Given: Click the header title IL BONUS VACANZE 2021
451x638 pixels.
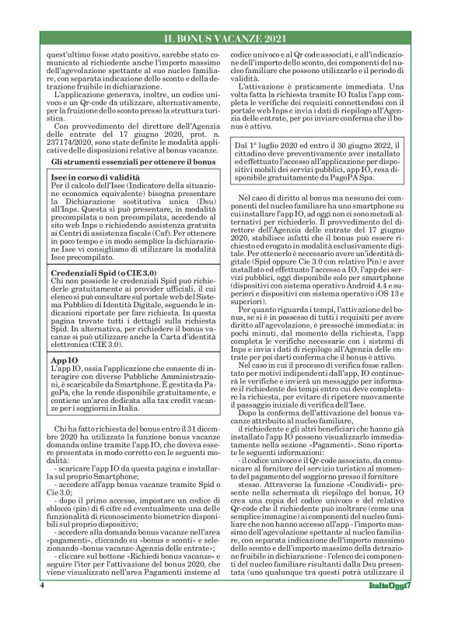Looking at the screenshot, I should tap(225, 37).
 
